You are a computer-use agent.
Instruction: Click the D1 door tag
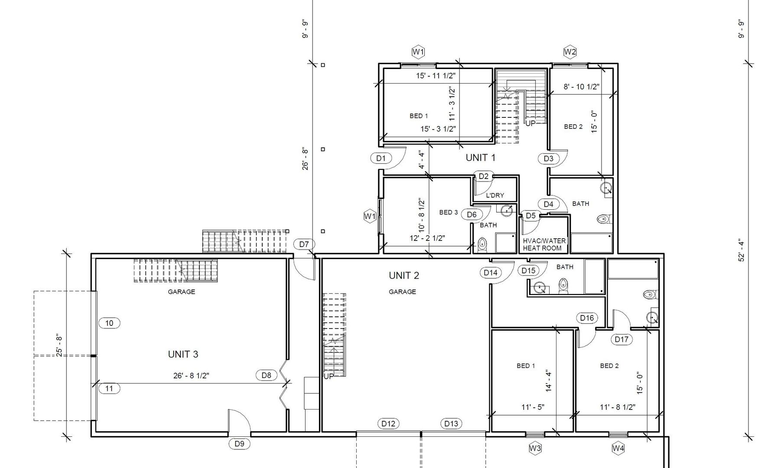pos(381,158)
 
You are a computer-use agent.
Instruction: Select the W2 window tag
pos(570,52)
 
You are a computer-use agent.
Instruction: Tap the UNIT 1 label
pos(480,158)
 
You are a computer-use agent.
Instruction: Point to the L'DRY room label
pos(495,195)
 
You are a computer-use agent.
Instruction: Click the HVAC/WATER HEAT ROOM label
pos(544,244)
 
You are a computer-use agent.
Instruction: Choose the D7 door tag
pos(304,244)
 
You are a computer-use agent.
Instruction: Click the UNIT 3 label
pos(183,354)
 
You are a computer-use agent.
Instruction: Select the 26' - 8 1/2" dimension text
pos(191,376)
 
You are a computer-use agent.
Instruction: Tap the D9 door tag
pos(239,444)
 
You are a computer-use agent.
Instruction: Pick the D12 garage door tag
pos(388,424)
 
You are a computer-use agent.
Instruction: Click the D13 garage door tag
pos(451,424)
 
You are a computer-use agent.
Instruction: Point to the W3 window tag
pos(535,448)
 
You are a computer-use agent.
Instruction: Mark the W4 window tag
pos(618,448)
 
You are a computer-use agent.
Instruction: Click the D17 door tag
pos(621,339)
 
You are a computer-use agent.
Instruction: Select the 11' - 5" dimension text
pos(533,407)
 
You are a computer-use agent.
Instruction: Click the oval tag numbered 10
pos(109,323)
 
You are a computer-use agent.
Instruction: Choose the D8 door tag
pos(266,375)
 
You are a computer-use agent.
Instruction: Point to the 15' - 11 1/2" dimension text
pos(436,76)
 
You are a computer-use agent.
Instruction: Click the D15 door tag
pos(528,271)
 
